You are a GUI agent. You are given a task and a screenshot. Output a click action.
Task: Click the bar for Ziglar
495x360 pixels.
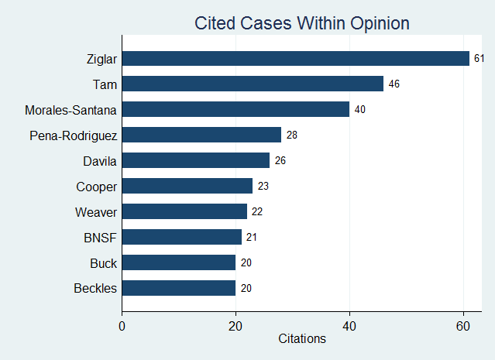(x=295, y=58)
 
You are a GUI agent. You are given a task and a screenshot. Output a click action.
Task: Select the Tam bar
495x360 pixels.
(x=253, y=84)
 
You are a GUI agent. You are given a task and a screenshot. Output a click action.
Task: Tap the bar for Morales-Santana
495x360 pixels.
(x=235, y=109)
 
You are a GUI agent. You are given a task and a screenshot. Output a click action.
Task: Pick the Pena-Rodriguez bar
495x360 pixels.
(x=201, y=135)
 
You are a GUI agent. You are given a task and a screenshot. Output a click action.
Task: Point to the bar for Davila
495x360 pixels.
(x=196, y=160)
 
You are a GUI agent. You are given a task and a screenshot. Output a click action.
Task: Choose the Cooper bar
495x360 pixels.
(x=187, y=186)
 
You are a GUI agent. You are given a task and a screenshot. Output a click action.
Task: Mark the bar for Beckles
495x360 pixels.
(x=179, y=288)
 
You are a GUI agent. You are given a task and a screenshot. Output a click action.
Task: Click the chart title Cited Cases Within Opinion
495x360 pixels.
(x=301, y=23)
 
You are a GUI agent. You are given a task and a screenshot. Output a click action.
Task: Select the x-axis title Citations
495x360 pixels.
(x=301, y=339)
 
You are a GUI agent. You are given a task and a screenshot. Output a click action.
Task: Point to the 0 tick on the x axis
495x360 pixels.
(x=122, y=325)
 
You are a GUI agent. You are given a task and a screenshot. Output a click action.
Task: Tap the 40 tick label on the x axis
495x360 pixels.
(x=349, y=325)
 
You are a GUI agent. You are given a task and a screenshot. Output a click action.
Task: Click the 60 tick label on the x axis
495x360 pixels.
(x=463, y=325)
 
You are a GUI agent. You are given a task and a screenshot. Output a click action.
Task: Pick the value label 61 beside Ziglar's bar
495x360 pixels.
(x=480, y=58)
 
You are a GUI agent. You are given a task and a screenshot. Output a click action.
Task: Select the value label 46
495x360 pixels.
(x=394, y=84)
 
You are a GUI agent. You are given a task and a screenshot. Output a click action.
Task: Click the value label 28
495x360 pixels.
(x=292, y=135)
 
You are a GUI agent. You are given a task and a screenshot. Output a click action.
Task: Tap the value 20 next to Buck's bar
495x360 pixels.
(x=246, y=262)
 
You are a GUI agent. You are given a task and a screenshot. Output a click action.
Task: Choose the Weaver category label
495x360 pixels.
(x=96, y=211)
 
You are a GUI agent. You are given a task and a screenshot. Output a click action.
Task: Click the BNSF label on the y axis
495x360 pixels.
(x=101, y=237)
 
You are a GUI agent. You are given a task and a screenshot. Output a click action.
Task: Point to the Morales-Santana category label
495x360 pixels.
(x=70, y=109)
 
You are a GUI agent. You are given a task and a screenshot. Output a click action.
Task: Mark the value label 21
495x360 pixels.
(x=252, y=237)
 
